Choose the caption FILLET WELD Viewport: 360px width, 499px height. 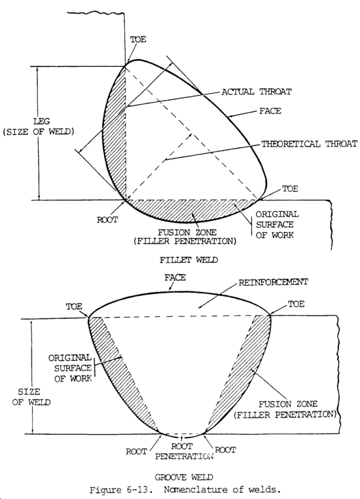point(178,259)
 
